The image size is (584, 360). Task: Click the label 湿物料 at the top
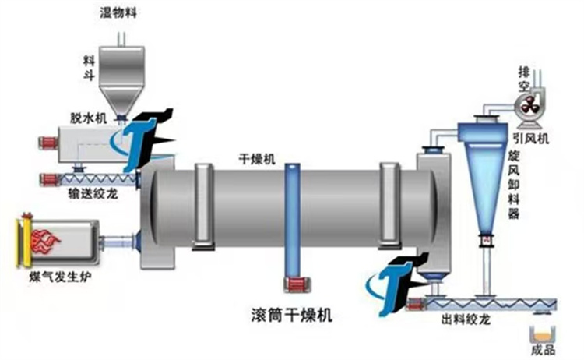[x=118, y=13]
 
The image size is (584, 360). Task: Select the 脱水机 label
[x=89, y=118]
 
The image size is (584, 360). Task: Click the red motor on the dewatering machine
[x=48, y=143]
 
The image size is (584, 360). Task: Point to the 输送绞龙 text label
[x=93, y=193]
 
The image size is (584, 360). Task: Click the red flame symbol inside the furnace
[x=45, y=240]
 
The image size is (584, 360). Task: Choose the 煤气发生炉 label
[x=60, y=277]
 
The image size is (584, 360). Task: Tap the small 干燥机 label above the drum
[x=257, y=160]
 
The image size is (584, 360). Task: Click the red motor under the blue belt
[x=298, y=284]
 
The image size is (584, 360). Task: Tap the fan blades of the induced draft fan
[x=528, y=105]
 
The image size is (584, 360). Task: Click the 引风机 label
[x=531, y=139]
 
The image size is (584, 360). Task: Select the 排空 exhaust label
[x=524, y=79]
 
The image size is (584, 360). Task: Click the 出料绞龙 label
[x=466, y=319]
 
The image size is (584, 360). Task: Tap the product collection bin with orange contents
[x=543, y=334]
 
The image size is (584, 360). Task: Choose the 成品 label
[x=543, y=350]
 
